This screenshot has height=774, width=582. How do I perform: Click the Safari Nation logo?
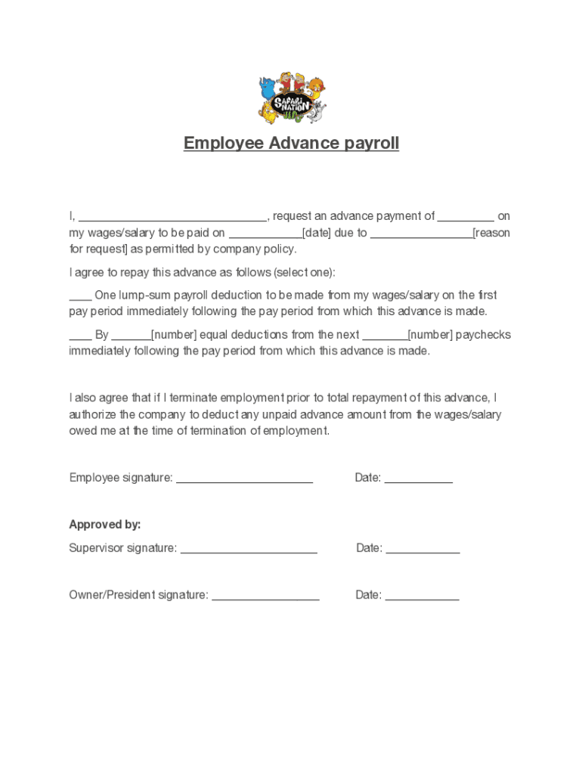click(x=291, y=98)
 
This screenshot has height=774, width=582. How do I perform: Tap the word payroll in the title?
click(x=371, y=143)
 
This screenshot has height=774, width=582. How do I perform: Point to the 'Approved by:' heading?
click(x=105, y=525)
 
